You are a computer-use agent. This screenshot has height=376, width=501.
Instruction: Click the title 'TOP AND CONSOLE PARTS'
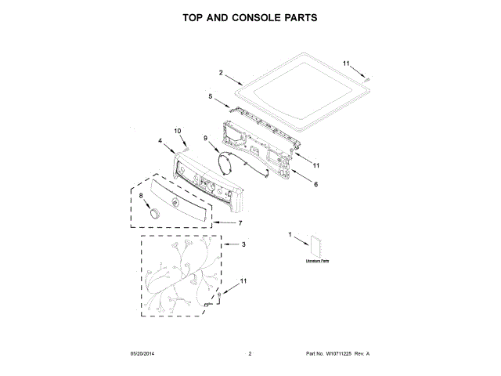tap(250, 17)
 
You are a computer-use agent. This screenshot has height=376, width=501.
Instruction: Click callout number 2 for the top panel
tap(221, 73)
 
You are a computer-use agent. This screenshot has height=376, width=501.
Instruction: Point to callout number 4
tap(160, 141)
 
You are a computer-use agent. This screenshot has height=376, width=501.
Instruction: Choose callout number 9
tap(207, 139)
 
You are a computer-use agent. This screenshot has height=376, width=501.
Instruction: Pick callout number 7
tap(240, 222)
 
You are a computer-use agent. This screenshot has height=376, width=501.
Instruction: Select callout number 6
tap(315, 185)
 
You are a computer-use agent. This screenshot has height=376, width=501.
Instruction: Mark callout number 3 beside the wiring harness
tap(243, 245)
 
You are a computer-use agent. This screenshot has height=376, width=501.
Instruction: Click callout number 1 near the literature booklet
tap(290, 234)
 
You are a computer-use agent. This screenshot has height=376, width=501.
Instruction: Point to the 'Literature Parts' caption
tap(317, 261)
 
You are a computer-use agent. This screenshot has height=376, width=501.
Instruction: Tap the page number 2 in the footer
tap(250, 355)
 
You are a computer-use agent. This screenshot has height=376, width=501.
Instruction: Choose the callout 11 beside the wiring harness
tap(243, 280)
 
